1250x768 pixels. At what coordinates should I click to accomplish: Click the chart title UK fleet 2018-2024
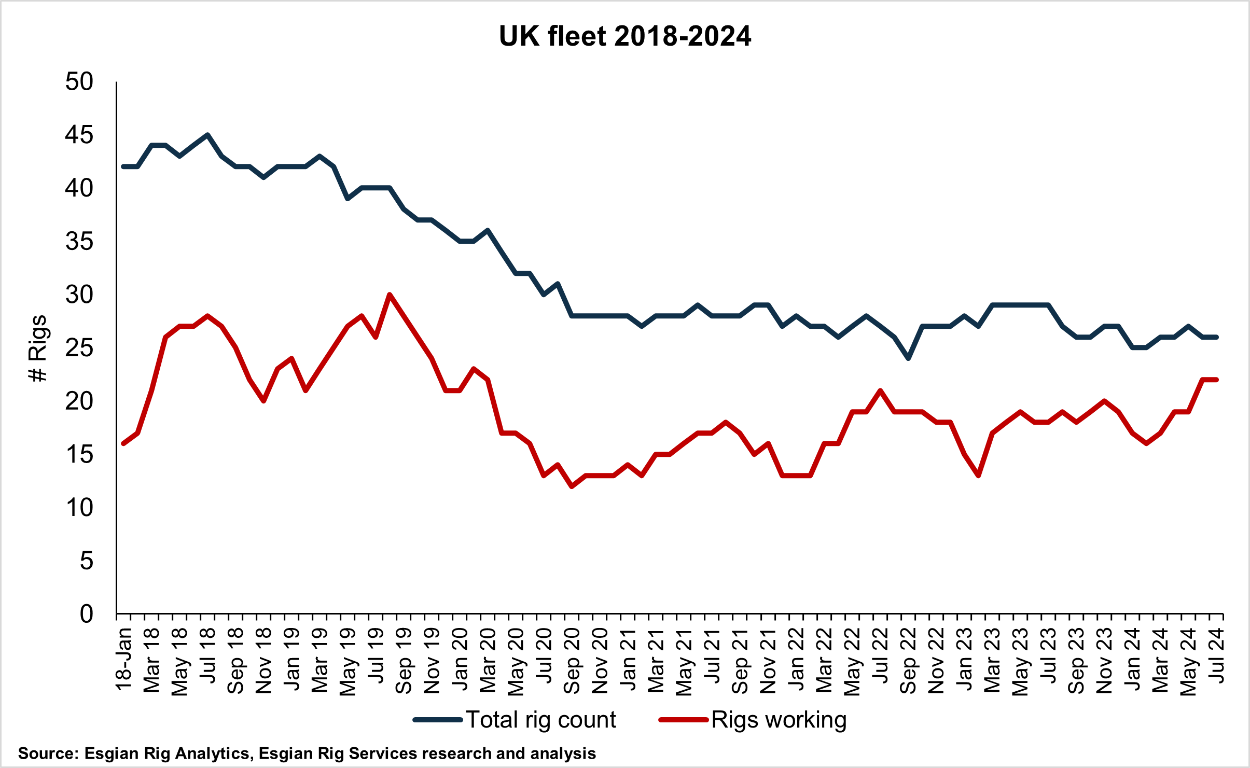625,36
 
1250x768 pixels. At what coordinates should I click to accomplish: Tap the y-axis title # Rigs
38,348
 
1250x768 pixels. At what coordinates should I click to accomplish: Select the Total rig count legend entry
515,720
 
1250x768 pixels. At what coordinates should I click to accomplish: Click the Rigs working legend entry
753,720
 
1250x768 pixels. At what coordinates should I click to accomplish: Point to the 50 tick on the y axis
79,82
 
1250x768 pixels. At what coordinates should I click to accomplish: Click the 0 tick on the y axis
87,614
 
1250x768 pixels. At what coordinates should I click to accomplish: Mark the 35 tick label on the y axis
79,242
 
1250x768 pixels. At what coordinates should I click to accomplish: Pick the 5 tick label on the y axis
87,561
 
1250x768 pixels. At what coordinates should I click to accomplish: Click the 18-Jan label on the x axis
123,659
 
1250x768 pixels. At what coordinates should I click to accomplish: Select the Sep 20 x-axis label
572,660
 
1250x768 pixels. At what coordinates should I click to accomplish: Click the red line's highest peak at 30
390,295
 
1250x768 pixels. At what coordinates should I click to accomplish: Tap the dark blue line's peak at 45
207,135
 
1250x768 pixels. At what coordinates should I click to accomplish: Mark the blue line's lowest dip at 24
908,358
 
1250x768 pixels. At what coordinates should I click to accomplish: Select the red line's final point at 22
1216,380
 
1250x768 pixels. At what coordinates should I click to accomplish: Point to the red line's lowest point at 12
572,486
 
